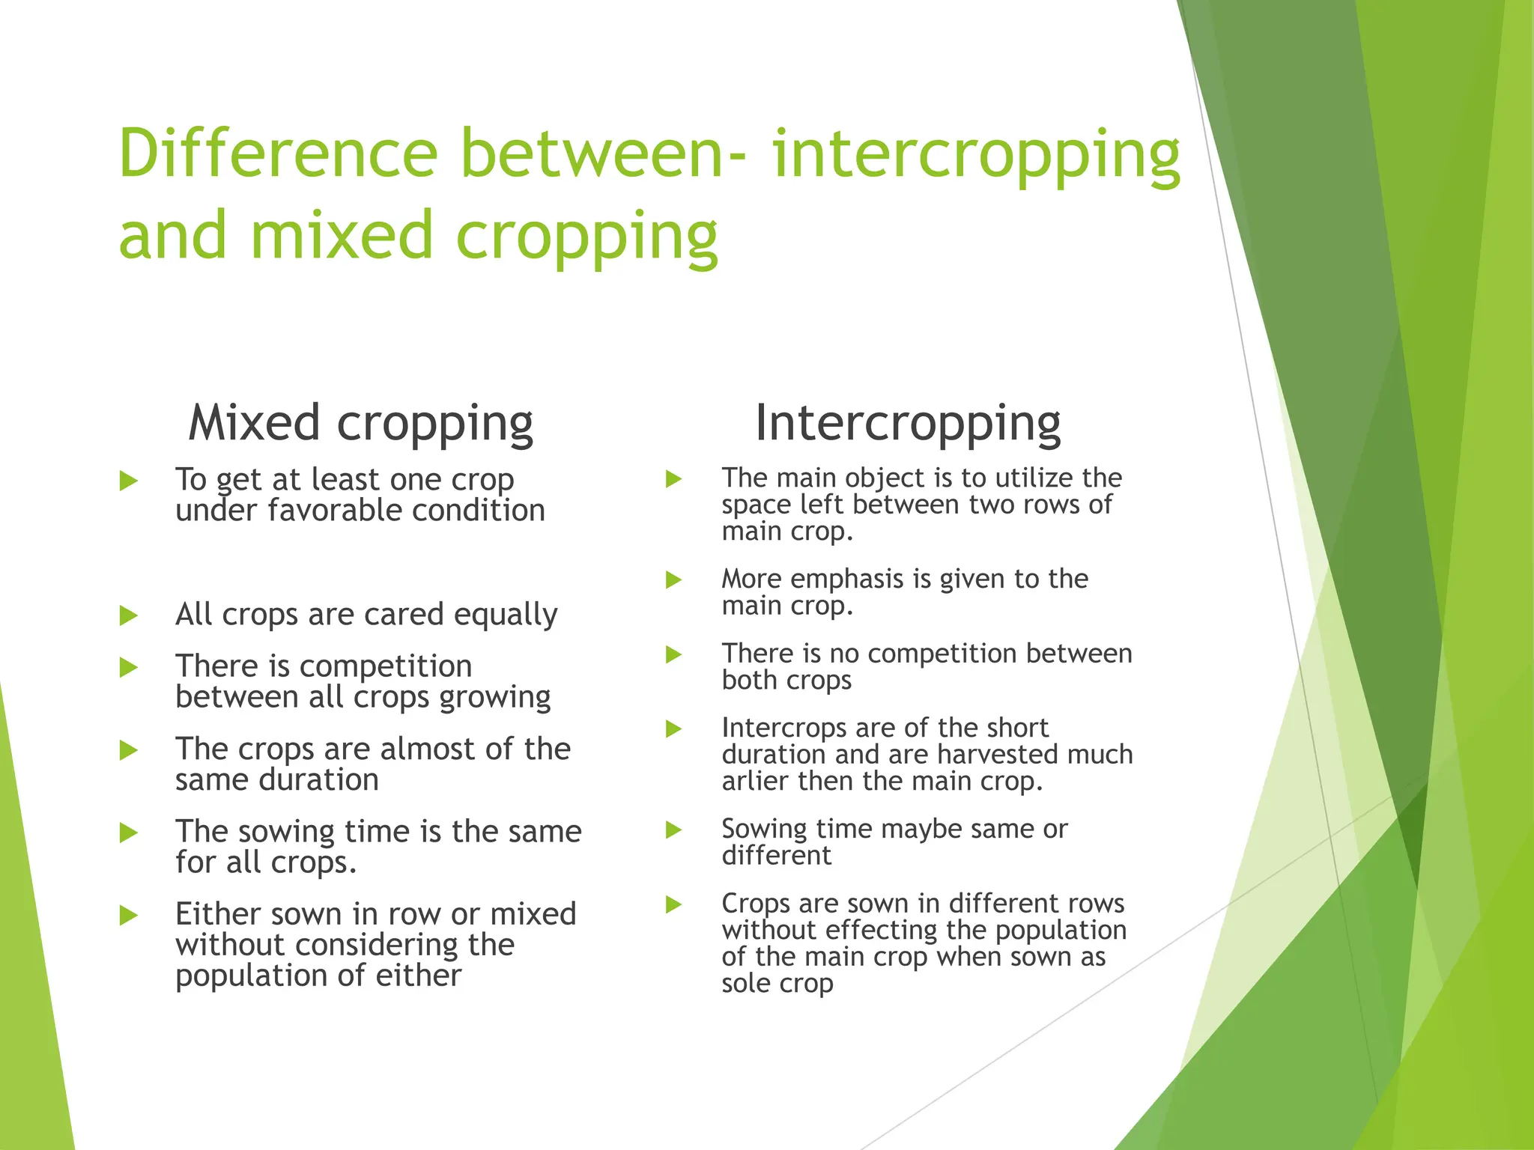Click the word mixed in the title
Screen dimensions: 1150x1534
(x=342, y=234)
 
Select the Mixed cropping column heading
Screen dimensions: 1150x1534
(x=360, y=423)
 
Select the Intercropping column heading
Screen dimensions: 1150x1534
(x=907, y=423)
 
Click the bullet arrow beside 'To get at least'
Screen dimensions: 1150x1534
(x=129, y=480)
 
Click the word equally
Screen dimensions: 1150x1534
(x=506, y=615)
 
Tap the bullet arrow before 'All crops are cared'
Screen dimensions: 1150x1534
(x=129, y=615)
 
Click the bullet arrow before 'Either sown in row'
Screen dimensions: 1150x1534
(x=129, y=915)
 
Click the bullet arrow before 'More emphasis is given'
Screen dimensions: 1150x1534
(x=674, y=579)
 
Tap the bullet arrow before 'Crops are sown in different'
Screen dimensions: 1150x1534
(x=674, y=904)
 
